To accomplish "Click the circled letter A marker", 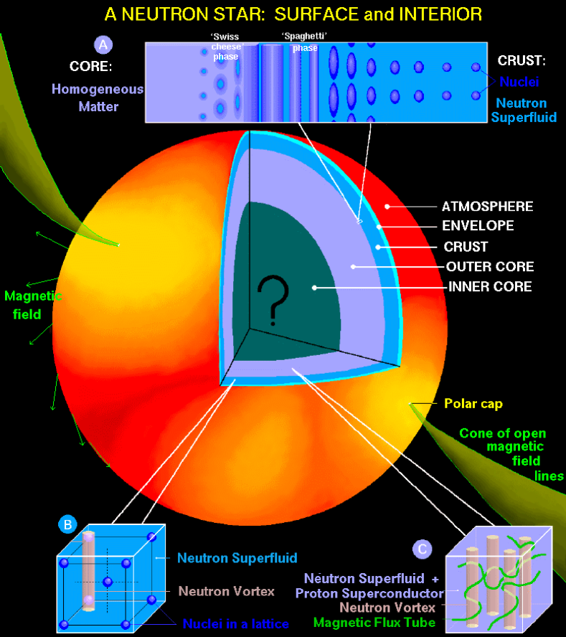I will click(x=105, y=45).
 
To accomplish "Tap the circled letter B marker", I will click(x=67, y=524).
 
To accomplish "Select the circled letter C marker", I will click(x=423, y=549).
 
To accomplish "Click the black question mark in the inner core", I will click(x=273, y=298).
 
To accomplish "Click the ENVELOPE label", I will click(x=478, y=226).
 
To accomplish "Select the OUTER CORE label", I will click(x=490, y=267).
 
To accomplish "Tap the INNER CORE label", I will click(x=490, y=287).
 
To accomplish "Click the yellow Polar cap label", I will click(x=473, y=404).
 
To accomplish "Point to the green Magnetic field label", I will click(x=33, y=305).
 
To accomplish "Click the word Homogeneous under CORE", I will click(x=98, y=90).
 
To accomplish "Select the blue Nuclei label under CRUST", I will click(x=515, y=82).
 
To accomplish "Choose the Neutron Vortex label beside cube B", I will click(x=227, y=592).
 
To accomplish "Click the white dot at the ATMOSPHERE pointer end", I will click(x=387, y=207).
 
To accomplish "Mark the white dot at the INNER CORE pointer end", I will click(x=313, y=287).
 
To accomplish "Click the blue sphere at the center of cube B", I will click(x=108, y=581).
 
